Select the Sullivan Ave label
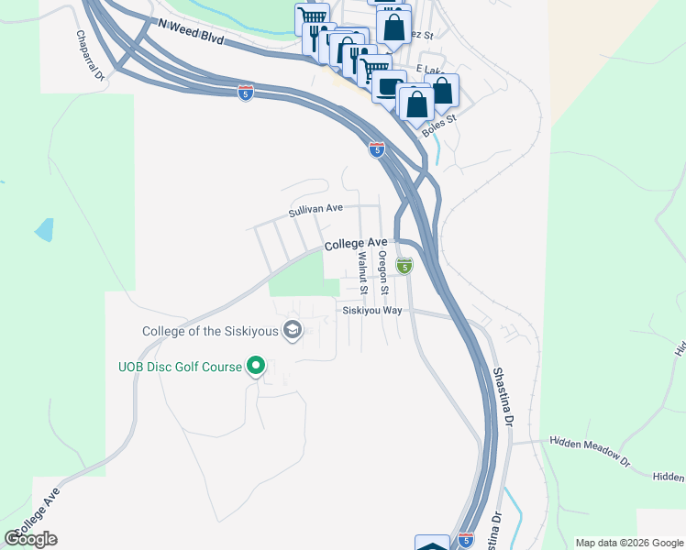click(x=315, y=210)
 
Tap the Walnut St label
click(x=363, y=272)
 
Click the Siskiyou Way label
click(x=372, y=311)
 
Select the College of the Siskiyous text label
click(x=211, y=331)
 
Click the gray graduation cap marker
click(x=293, y=330)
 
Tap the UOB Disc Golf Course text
click(x=180, y=367)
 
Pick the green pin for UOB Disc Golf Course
click(x=257, y=367)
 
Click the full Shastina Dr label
click(x=500, y=399)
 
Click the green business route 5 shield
click(x=404, y=266)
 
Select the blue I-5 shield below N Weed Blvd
click(x=245, y=93)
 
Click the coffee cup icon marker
click(x=388, y=87)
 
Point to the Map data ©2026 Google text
click(x=628, y=543)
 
